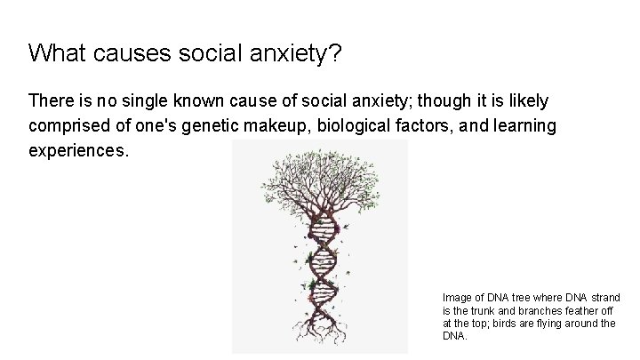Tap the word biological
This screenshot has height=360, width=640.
point(348,127)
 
